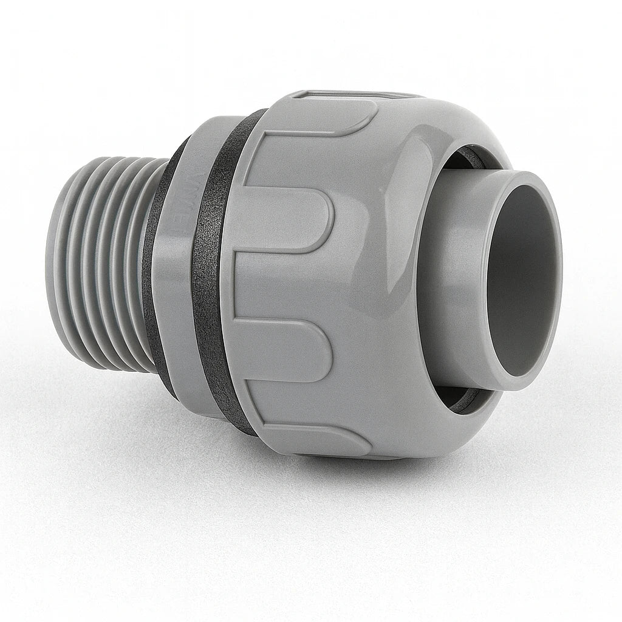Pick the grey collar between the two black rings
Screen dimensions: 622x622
coord(176,273)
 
